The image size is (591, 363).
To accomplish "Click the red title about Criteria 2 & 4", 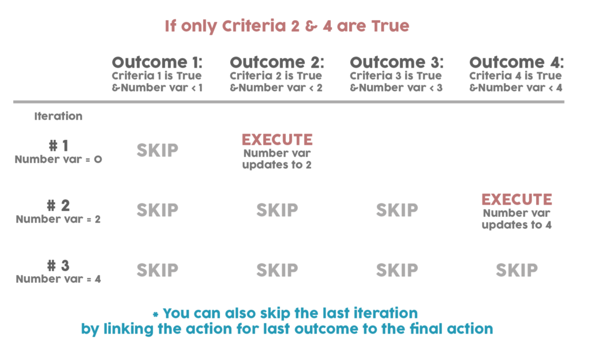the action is pyautogui.click(x=287, y=26).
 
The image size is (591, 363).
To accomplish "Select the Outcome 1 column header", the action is pyautogui.click(x=157, y=62).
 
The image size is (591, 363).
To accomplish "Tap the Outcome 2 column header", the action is pyautogui.click(x=277, y=62).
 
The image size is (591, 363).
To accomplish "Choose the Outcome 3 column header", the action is pyautogui.click(x=397, y=62).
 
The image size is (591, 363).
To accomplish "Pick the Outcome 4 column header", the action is pyautogui.click(x=517, y=62).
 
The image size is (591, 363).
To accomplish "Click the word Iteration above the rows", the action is pyautogui.click(x=58, y=116).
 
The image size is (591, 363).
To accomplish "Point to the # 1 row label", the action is pyautogui.click(x=58, y=146).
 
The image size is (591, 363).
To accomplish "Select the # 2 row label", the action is pyautogui.click(x=58, y=206).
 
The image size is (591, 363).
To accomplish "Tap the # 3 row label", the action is pyautogui.click(x=58, y=266).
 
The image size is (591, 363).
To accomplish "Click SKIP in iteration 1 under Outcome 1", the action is pyautogui.click(x=157, y=150).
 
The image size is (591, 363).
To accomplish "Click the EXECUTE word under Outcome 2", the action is pyautogui.click(x=277, y=140).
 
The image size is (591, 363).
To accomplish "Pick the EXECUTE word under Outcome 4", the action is pyautogui.click(x=517, y=199).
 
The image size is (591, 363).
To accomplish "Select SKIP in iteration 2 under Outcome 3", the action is pyautogui.click(x=397, y=210).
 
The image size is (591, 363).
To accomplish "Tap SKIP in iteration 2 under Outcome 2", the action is pyautogui.click(x=277, y=210).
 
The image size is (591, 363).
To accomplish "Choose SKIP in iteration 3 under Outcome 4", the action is pyautogui.click(x=517, y=270).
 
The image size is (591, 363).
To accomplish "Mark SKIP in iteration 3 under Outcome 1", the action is pyautogui.click(x=157, y=270).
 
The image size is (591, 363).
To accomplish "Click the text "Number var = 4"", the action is pyautogui.click(x=58, y=279).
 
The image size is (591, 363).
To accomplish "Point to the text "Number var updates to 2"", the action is pyautogui.click(x=277, y=159).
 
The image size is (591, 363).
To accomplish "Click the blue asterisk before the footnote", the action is pyautogui.click(x=155, y=314).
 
